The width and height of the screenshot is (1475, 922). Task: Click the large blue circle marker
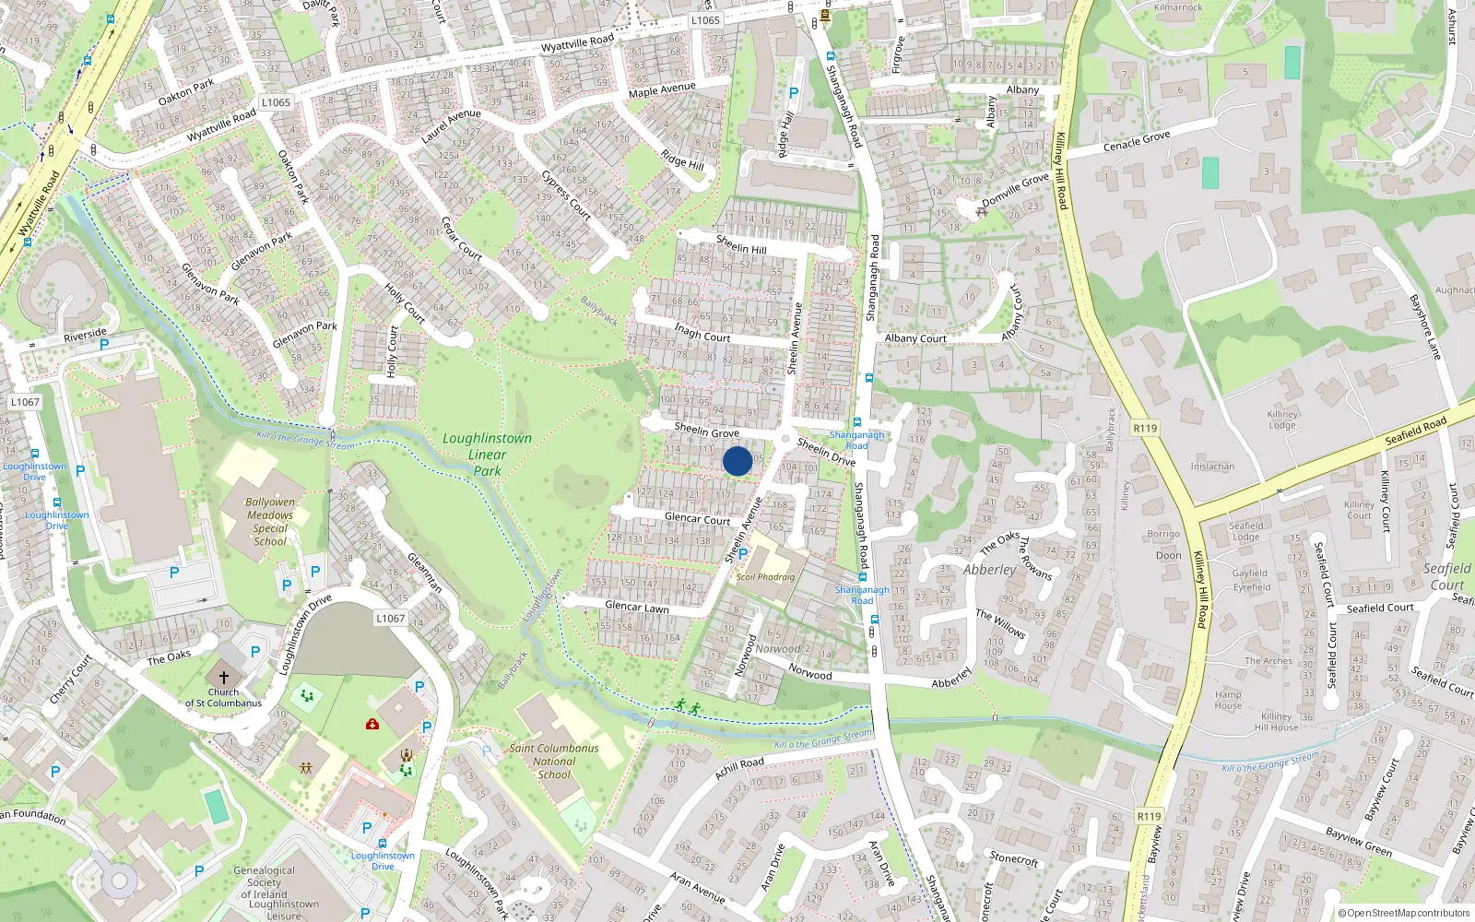pos(737,461)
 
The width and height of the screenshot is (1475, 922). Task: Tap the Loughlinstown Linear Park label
pos(487,455)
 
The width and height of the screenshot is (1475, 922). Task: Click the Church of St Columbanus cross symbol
pos(223,678)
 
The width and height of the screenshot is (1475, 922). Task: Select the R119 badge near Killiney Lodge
pos(1145,428)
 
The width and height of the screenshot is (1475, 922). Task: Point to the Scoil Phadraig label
pos(765,577)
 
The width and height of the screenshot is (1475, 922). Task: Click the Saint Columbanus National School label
pos(554,762)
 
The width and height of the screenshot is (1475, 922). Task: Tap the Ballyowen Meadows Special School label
pos(270,522)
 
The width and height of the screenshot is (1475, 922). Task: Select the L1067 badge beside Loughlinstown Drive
pos(390,618)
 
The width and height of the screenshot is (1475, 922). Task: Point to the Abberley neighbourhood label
pos(989,570)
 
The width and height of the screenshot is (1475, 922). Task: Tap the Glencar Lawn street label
pos(636,607)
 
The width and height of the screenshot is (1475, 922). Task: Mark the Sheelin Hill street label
pos(741,244)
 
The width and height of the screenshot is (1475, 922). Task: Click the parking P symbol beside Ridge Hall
pos(794,93)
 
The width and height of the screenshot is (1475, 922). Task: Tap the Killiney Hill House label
pos(1276,722)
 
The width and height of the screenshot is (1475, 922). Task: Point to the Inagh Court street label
pos(702,332)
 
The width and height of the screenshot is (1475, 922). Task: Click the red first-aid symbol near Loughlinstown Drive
pos(372,724)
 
